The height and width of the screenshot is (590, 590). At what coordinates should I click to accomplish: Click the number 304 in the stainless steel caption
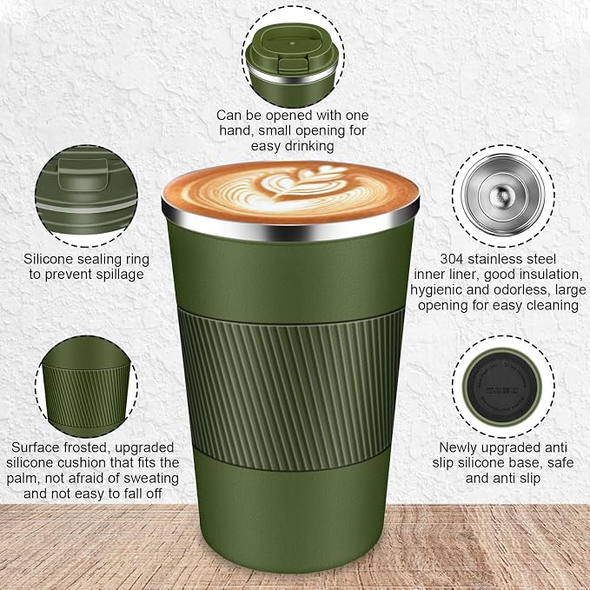[451, 259]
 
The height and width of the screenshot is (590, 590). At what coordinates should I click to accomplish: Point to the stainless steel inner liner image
[503, 196]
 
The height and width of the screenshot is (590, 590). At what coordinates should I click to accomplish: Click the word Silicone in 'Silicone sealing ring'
[47, 259]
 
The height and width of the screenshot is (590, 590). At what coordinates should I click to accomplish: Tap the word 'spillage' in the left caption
[120, 275]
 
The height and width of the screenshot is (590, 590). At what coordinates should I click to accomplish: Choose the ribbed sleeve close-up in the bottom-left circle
[86, 388]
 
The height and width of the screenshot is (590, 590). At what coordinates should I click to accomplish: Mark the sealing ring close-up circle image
[86, 196]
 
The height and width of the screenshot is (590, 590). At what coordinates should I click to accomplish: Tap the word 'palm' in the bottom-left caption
[19, 479]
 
